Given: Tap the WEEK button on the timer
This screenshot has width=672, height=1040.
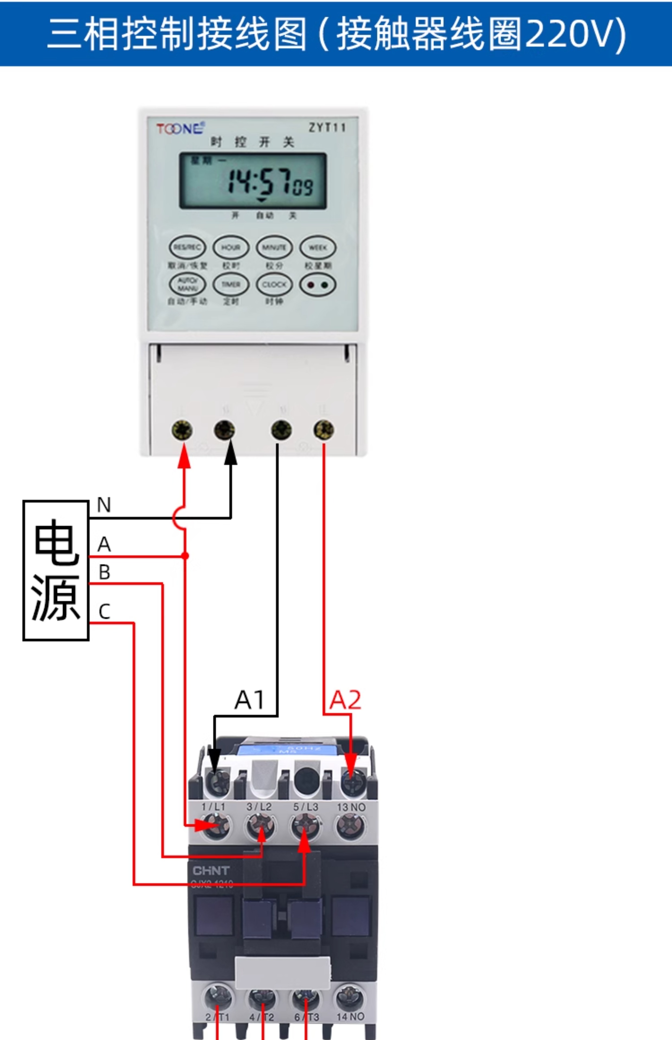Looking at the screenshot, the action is click(318, 247).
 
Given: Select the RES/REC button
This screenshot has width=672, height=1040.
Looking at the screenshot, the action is click(187, 247).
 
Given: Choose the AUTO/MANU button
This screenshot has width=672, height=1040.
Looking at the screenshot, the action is click(187, 284).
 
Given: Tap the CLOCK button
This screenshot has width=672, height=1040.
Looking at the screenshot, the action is click(274, 284).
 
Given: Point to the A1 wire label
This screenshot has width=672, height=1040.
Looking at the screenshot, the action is click(250, 700).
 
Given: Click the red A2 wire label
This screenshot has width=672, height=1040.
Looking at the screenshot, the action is click(345, 700).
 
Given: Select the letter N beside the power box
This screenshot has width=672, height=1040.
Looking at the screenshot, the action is click(104, 505).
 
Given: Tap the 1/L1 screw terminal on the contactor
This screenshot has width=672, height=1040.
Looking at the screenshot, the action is click(216, 826).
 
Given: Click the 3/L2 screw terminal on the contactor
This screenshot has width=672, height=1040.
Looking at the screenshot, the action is click(261, 826).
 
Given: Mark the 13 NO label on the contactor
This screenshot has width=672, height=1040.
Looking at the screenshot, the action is click(351, 807).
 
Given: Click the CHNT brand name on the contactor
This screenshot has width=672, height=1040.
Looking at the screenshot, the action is click(211, 871).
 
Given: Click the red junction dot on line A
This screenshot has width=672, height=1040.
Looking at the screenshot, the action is click(185, 555).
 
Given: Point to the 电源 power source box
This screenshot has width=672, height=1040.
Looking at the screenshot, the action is click(56, 570).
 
